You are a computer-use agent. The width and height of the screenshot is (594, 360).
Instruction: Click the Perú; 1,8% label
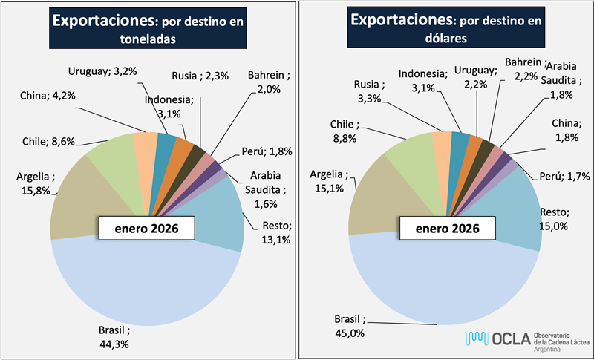(x=267, y=152)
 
